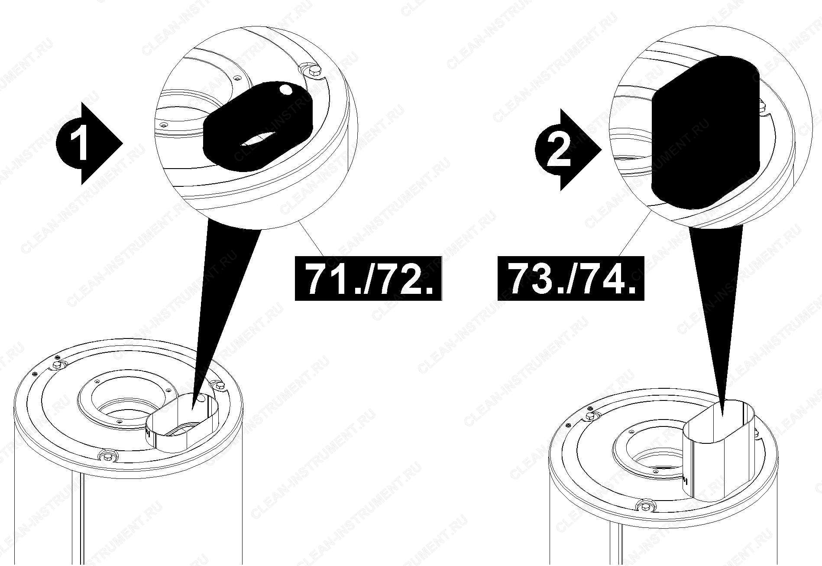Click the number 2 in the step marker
[559, 150]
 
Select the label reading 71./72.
[368, 278]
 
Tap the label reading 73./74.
[571, 278]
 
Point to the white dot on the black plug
[285, 90]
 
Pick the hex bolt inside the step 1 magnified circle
[314, 72]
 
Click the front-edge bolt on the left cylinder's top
[107, 455]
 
